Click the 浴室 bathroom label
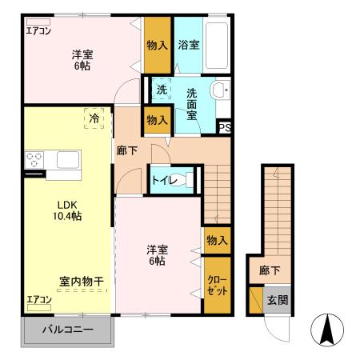190,45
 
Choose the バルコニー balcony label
67,330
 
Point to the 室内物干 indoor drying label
81,281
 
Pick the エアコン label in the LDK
38,300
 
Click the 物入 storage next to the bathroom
157,46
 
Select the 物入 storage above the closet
217,240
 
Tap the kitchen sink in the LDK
64,159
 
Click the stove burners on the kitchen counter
34,160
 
